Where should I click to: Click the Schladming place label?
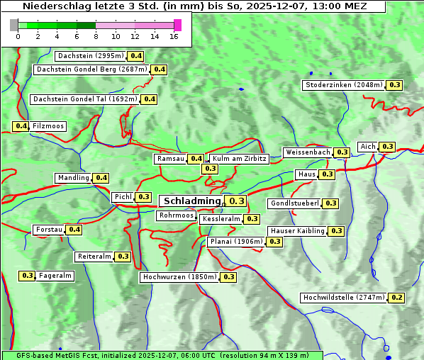(192, 201)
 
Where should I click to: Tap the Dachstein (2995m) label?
(90, 56)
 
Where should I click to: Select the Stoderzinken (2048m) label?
(343, 85)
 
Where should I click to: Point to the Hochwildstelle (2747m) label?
(344, 298)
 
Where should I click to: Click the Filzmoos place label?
(48, 126)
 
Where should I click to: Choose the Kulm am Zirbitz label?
(239, 159)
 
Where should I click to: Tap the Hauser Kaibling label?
(297, 231)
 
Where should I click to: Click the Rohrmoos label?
(176, 215)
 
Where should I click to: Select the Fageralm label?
(55, 276)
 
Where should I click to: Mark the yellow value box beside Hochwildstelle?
(397, 298)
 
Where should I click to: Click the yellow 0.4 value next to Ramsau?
(196, 159)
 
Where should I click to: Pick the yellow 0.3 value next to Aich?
(387, 147)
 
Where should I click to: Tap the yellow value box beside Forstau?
(74, 230)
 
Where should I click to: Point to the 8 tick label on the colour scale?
(96, 36)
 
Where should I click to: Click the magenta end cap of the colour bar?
(177, 25)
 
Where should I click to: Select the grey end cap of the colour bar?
(14, 25)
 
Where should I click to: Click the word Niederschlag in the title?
(48, 6)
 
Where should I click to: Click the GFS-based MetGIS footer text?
(57, 355)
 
